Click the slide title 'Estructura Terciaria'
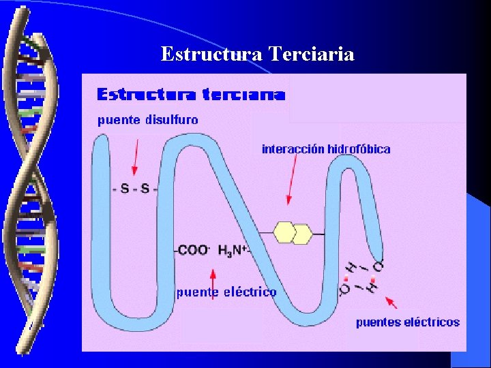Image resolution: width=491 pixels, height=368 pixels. tap(257, 54)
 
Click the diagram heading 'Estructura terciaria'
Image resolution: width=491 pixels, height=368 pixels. tap(191, 94)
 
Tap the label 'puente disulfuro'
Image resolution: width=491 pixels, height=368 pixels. tap(148, 120)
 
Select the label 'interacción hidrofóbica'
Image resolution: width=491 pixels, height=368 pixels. tap(326, 149)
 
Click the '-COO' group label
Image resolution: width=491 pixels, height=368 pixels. tap(192, 250)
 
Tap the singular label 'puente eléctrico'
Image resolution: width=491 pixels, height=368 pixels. tap(226, 292)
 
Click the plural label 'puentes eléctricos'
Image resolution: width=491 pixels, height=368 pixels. tap(408, 322)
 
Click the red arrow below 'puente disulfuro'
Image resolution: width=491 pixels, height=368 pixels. tap(136, 157)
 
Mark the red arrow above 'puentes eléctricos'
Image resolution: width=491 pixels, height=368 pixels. tap(392, 303)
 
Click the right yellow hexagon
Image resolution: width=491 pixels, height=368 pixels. tap(301, 233)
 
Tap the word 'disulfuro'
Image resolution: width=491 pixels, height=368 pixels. tap(170, 120)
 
